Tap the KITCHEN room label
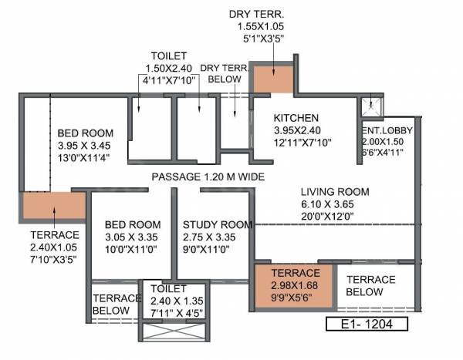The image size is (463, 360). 296,118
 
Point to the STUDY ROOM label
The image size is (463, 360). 217,225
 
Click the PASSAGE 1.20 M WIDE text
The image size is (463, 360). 208,177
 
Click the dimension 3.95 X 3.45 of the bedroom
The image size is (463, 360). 83,145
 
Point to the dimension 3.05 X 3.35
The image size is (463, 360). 133,237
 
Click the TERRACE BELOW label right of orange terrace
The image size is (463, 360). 370,285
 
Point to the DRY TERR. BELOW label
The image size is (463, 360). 225,73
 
